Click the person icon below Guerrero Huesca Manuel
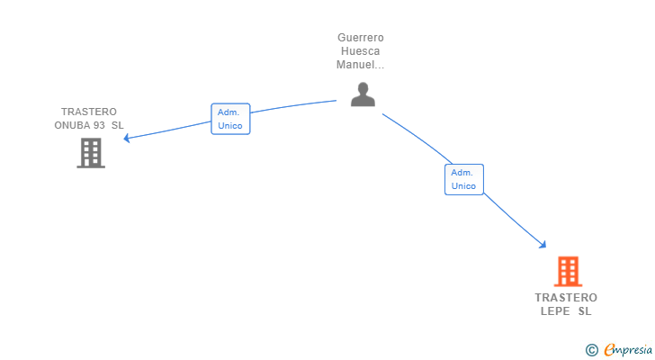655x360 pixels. pos(363,94)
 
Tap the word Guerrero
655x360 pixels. pos(361,38)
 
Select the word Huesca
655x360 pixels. pos(361,51)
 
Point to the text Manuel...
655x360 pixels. pos(359,65)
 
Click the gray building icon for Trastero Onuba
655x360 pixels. pos(90,153)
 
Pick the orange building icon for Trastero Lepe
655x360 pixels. pos(567,271)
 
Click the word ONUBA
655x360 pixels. pos(73,125)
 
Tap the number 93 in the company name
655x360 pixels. pos(100,125)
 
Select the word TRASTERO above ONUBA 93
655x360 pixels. pos(89,112)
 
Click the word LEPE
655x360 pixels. pos(555,311)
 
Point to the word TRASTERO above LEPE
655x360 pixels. pos(566,298)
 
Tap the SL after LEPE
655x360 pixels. pos(585,311)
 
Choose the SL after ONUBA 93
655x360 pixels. pos(118,125)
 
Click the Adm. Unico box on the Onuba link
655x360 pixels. pos(230,119)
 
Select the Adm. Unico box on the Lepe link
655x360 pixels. pos(463,179)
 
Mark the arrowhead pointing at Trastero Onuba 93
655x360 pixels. pos(127,139)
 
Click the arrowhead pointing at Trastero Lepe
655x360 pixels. pos(542,244)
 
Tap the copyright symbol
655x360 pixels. pos(591,349)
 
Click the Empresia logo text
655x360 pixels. pos(627,349)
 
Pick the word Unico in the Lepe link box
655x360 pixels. pos(463,185)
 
